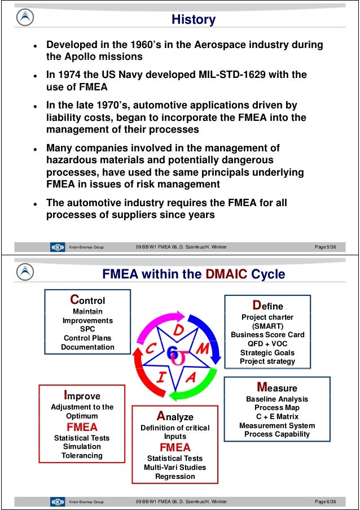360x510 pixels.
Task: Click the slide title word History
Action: (194, 20)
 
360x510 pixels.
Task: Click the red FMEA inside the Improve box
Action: (82, 426)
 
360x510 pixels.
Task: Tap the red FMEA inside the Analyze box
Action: (175, 448)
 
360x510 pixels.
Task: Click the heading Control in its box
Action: (87, 299)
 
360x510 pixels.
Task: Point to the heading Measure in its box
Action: (276, 387)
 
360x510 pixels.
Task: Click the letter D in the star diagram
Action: (177, 330)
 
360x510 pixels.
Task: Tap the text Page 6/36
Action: (326, 502)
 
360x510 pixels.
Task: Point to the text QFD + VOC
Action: (267, 343)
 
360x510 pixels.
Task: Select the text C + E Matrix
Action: (276, 416)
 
